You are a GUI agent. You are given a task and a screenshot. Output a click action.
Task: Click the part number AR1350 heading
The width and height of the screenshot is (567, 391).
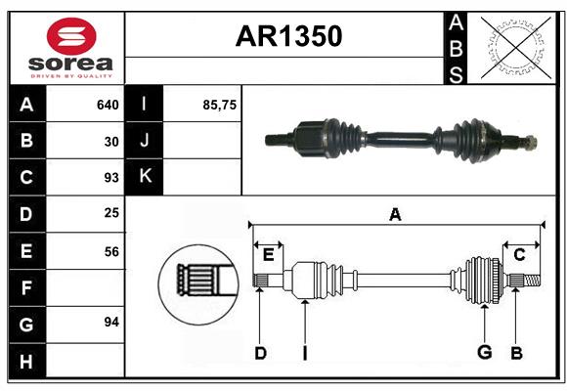tap(288, 36)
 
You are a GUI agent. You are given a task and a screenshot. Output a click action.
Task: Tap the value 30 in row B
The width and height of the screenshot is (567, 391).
tap(111, 142)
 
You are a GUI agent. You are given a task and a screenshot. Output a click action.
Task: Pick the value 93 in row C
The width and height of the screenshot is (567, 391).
tap(111, 178)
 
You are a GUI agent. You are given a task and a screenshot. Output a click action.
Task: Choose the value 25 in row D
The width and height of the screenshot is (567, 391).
tap(111, 214)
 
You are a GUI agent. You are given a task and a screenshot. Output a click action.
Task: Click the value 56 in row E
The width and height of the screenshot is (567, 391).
tap(111, 251)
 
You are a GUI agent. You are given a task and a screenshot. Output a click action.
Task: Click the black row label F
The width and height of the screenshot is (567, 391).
tap(26, 287)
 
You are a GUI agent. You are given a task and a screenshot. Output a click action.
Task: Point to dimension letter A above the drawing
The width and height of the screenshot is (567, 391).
tap(395, 214)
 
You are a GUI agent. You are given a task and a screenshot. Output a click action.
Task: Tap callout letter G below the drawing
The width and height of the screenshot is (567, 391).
tap(483, 353)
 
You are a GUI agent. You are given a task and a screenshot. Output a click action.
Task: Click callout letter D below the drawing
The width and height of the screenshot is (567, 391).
tap(260, 353)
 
